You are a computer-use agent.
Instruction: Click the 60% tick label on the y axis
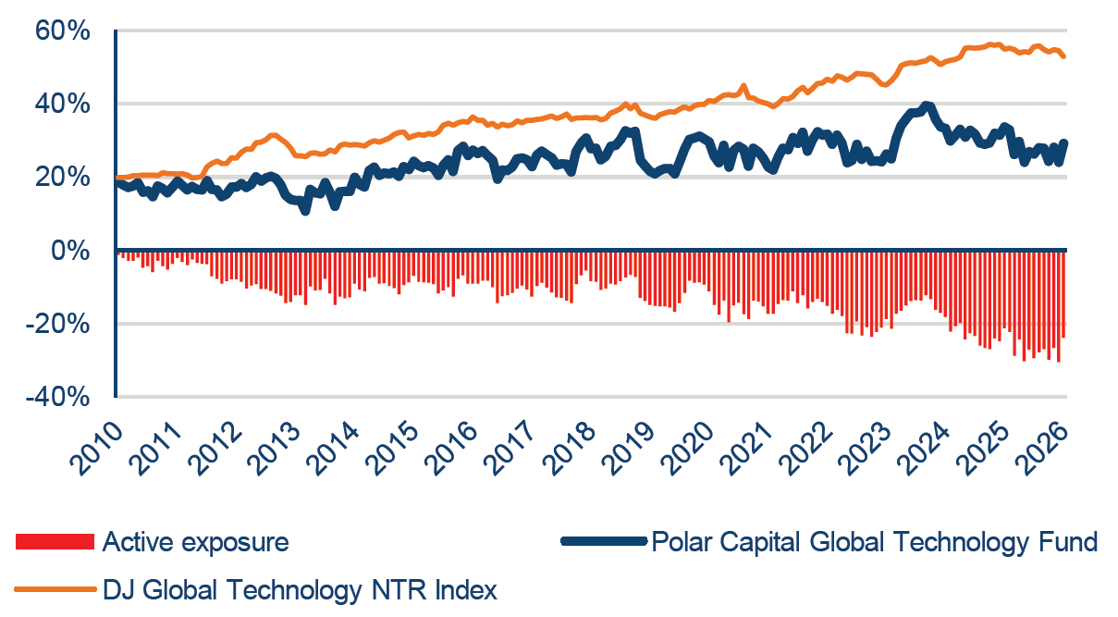pos(63,31)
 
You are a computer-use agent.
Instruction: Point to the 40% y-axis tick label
pos(63,105)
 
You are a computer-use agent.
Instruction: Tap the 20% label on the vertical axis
pos(63,178)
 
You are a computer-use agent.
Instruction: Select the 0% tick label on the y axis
pos(72,251)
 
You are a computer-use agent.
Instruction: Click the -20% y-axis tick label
pos(57,324)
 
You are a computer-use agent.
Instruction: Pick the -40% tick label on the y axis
pos(57,397)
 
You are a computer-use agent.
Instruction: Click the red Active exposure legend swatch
pos(55,542)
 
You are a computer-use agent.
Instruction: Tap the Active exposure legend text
pos(195,542)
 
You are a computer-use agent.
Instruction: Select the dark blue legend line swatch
pos(602,542)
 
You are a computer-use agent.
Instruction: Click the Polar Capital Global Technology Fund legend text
pos(875,542)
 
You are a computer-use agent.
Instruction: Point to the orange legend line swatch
pos(55,589)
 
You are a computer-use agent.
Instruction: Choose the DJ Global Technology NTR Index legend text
pos(300,589)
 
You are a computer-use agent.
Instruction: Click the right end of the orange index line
pos(1065,57)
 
